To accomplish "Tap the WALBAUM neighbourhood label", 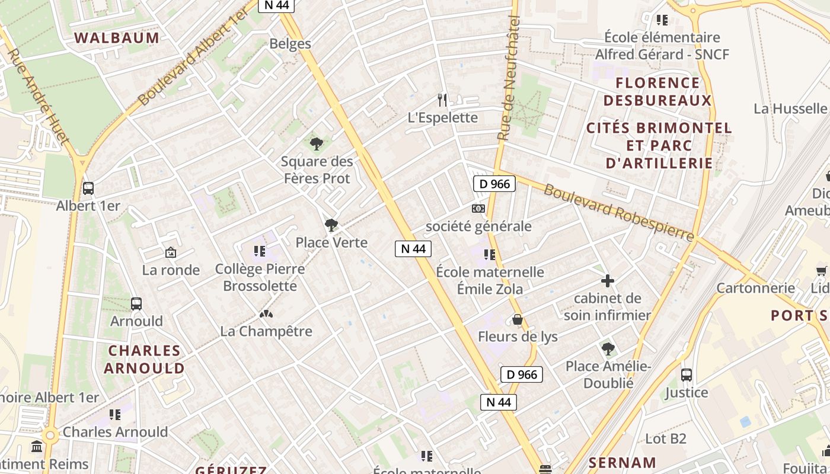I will tap(117, 38).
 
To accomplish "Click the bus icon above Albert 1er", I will tap(88, 188).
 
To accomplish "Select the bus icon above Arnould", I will tap(136, 304).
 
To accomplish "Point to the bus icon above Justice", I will tap(687, 375).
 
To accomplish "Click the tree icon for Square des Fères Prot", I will tap(317, 143).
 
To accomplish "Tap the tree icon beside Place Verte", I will tap(331, 225).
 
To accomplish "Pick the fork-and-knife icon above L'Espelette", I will tap(442, 100).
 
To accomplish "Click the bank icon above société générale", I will tap(478, 209).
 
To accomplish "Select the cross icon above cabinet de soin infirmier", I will tap(608, 281).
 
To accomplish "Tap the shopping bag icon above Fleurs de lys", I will tap(518, 319).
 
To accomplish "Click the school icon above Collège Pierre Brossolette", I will tap(260, 251).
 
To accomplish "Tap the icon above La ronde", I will tap(171, 253).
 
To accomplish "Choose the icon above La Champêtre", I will tap(266, 313).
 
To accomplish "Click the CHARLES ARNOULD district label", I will tap(145, 359).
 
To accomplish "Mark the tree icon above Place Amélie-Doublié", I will tap(608, 348).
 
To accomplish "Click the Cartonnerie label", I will tap(755, 288).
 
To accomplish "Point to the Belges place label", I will tap(290, 43).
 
